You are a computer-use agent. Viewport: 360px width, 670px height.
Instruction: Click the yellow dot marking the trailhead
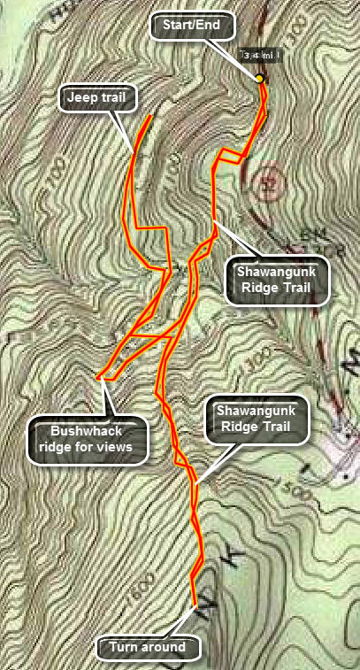pos(260,79)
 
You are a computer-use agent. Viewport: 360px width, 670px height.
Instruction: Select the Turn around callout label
pos(148,647)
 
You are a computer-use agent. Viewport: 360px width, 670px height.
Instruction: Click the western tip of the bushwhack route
pos(99,378)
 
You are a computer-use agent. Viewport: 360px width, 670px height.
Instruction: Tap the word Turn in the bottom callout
pos(126,647)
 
